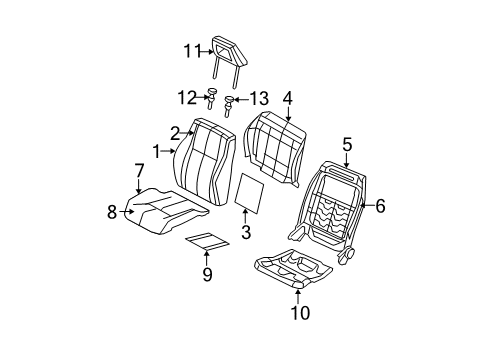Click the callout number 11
click(x=192, y=52)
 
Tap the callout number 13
click(x=260, y=98)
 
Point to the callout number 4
click(x=287, y=98)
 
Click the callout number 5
click(x=347, y=144)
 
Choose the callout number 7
click(x=139, y=171)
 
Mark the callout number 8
click(x=112, y=210)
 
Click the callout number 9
click(x=207, y=272)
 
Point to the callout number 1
click(x=157, y=151)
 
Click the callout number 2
click(x=175, y=132)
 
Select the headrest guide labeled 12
click(x=212, y=96)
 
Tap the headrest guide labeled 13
click(x=232, y=101)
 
